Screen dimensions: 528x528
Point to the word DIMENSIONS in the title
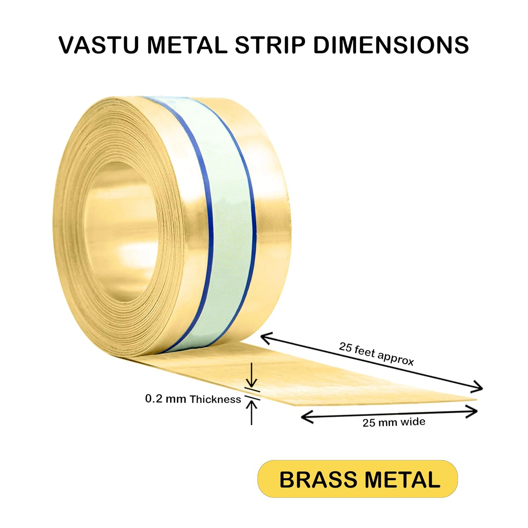pos(391,45)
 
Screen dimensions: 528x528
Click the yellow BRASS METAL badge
pos(358,479)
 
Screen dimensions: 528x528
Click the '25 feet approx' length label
pos(376,353)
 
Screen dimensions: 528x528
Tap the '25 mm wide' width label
pos(394,422)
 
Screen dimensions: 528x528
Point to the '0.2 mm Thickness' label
pos(193,399)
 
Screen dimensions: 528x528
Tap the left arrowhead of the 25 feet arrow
pos(264,338)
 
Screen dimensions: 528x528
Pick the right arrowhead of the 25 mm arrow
pos(474,411)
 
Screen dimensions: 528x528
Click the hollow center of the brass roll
pos(120,225)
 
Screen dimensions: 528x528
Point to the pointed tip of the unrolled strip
pos(475,400)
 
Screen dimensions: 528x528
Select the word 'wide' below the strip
pos(414,421)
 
